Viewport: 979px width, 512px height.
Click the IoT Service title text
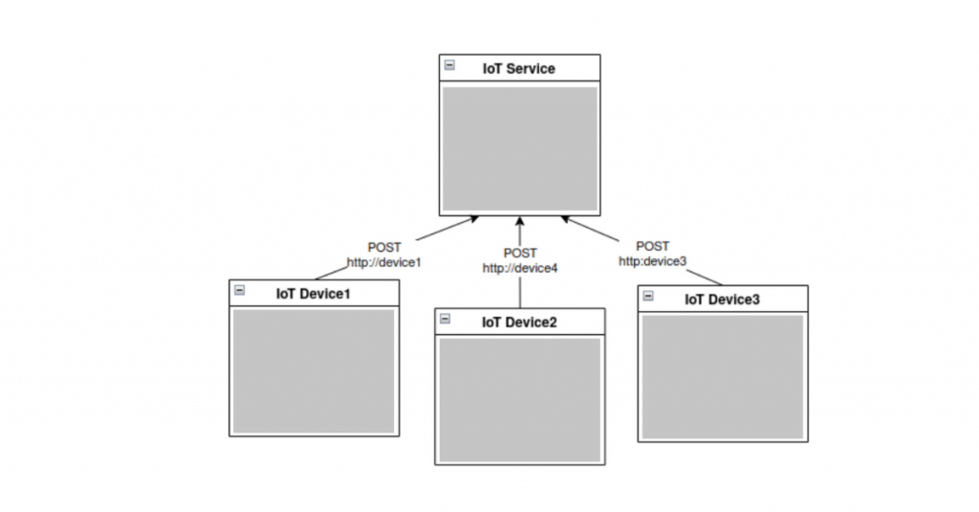click(x=518, y=69)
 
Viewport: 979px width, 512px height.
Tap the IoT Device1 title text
click(x=313, y=294)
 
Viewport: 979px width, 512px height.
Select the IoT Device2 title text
click(x=519, y=323)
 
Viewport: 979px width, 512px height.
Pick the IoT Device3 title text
click(x=722, y=300)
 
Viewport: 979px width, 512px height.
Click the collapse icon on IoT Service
click(x=449, y=66)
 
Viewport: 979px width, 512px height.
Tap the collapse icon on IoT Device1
click(x=240, y=290)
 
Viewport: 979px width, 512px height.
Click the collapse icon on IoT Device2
click(x=445, y=319)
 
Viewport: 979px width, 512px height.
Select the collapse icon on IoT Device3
click(x=648, y=296)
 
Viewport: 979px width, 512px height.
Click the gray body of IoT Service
click(x=520, y=147)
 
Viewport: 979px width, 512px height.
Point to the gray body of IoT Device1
click(x=314, y=370)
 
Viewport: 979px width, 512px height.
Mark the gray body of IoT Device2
click(x=519, y=399)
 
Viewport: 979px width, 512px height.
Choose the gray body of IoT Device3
click(x=722, y=376)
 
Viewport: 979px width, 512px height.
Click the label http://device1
click(x=384, y=261)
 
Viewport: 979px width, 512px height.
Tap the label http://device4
click(x=519, y=268)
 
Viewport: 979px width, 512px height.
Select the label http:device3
click(x=652, y=260)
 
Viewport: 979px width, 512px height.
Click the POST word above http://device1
click(x=384, y=247)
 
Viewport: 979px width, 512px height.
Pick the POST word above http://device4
click(x=520, y=254)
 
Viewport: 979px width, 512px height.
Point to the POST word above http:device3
click(x=652, y=246)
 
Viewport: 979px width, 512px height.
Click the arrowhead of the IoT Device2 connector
click(x=520, y=221)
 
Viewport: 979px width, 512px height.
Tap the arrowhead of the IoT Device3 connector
click(x=567, y=221)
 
